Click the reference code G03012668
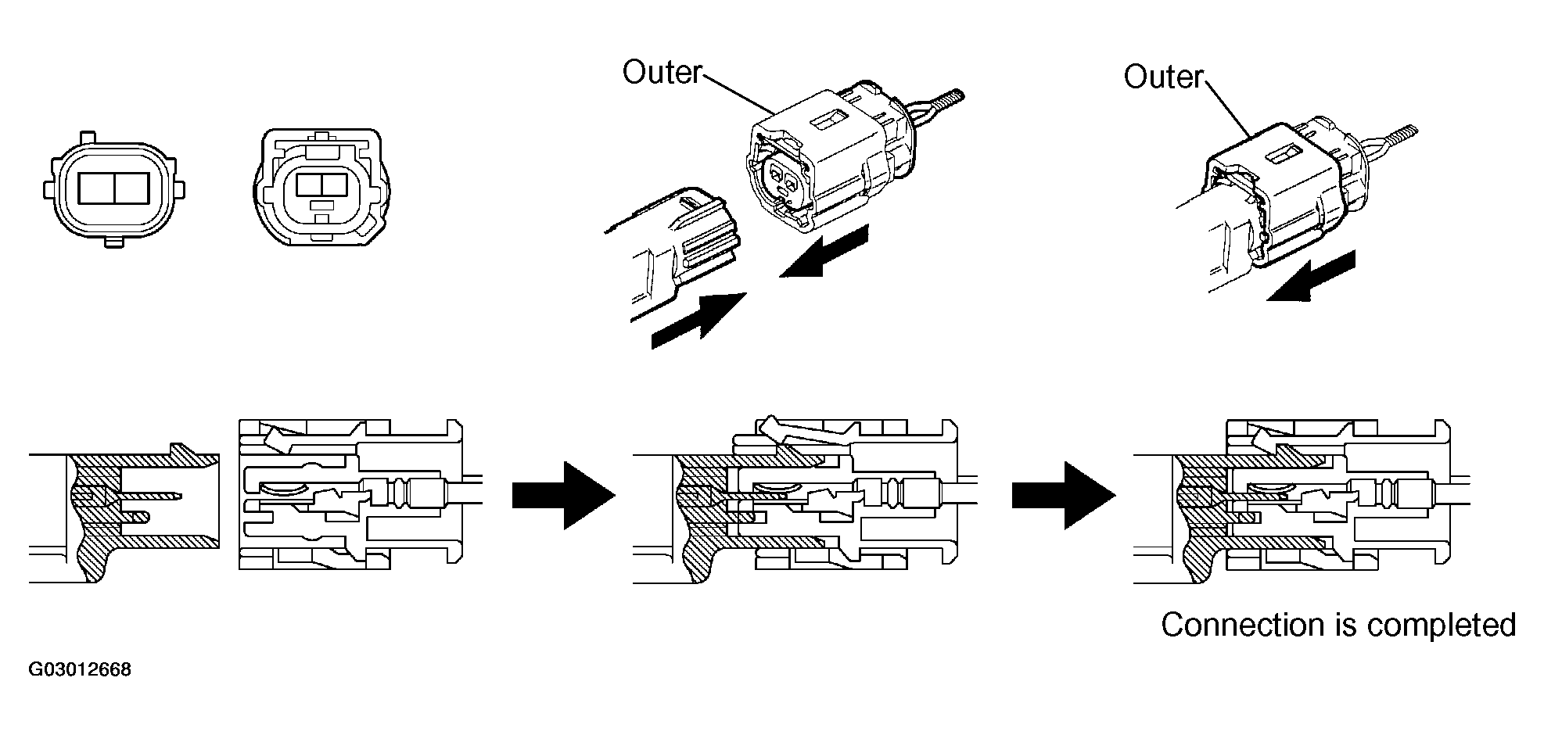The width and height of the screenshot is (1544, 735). [x=80, y=670]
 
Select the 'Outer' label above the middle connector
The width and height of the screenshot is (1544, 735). [x=662, y=72]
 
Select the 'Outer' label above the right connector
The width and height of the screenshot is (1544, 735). [x=1163, y=77]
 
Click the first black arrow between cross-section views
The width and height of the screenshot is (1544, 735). [x=563, y=495]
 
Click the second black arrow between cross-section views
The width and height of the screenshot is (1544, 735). [x=1063, y=495]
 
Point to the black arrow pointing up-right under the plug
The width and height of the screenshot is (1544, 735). [x=698, y=317]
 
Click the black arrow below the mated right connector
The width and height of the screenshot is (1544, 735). [x=1311, y=275]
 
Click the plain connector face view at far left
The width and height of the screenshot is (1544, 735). [x=114, y=191]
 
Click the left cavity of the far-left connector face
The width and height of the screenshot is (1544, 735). [x=96, y=190]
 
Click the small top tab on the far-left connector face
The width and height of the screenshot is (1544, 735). [x=88, y=137]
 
